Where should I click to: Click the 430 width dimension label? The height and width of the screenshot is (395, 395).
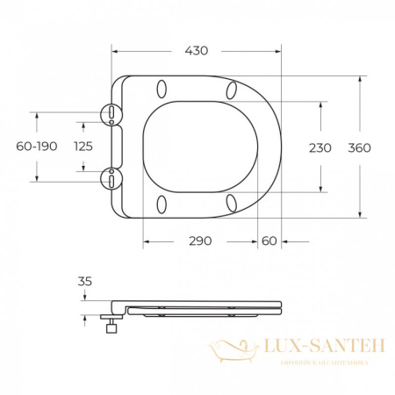click(x=197, y=51)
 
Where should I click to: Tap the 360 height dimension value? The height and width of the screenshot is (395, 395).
click(x=359, y=148)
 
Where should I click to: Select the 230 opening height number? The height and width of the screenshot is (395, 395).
click(x=320, y=148)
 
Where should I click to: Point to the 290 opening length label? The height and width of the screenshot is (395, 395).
click(x=200, y=241)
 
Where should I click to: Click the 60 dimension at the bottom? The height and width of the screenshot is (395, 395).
click(x=269, y=241)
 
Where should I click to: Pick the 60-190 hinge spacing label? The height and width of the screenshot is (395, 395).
click(x=37, y=147)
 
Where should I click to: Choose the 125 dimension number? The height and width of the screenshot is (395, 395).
click(x=83, y=147)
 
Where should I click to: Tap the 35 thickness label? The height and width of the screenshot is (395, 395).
click(x=85, y=282)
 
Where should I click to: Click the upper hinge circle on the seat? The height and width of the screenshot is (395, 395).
click(x=111, y=114)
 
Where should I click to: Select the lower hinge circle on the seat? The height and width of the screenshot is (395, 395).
click(x=111, y=179)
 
